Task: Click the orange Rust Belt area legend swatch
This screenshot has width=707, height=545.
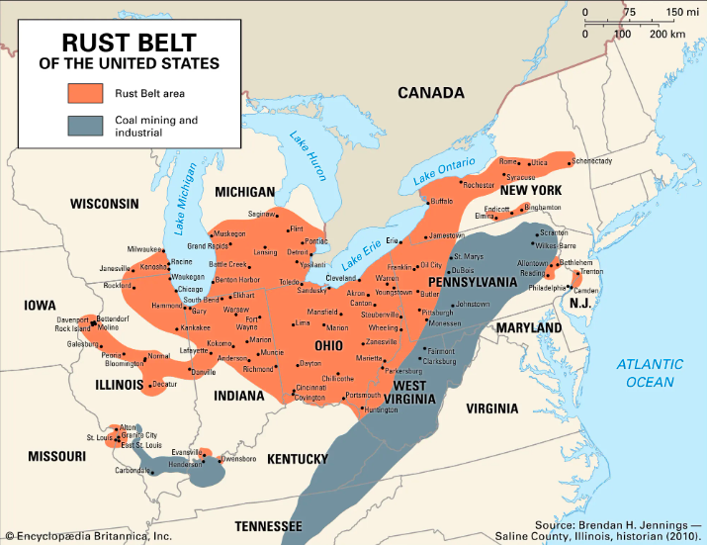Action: coord(86,94)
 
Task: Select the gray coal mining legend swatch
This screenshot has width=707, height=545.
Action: coord(86,126)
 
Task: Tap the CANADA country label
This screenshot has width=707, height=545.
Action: coord(430,93)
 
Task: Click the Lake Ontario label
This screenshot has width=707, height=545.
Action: coord(445,169)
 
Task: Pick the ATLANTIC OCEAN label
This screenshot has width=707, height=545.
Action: coord(649,373)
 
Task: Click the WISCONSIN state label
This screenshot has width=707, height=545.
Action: coord(104,204)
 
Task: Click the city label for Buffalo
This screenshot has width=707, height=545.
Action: coord(441,201)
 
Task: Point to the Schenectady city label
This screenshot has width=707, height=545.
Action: coord(591,161)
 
